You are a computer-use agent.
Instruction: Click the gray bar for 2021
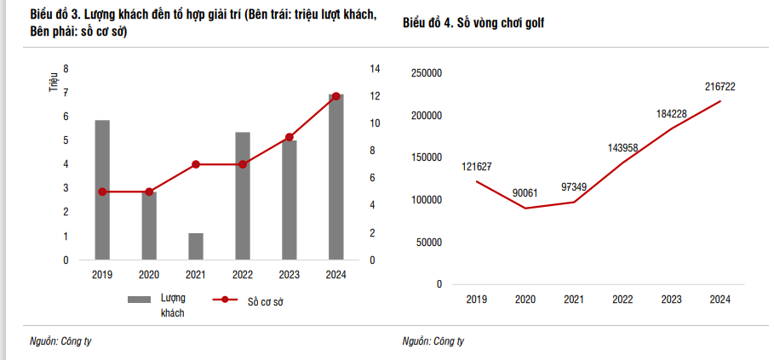(x=196, y=246)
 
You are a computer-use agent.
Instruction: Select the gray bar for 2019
(x=102, y=190)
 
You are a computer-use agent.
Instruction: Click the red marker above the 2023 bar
(x=290, y=137)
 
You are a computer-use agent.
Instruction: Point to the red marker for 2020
(x=149, y=191)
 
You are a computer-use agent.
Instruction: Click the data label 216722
(x=720, y=87)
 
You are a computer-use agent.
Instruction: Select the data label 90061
(x=525, y=193)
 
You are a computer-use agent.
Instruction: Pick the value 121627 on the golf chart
(x=478, y=166)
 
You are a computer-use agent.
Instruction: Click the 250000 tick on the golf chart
(x=426, y=73)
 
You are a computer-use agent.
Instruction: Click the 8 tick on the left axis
(x=66, y=69)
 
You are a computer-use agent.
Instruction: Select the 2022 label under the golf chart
(x=622, y=300)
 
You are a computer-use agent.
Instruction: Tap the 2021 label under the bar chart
(x=196, y=274)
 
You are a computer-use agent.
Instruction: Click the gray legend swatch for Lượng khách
(x=139, y=300)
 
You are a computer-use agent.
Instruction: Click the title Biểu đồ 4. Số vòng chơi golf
(x=473, y=24)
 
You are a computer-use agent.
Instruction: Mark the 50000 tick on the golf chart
(x=428, y=242)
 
